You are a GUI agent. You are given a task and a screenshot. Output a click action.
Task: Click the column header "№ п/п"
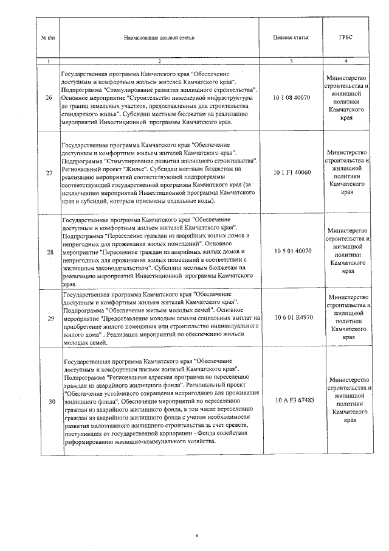[x=48, y=37]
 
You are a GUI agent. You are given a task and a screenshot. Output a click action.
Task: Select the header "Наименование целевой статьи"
[x=159, y=37]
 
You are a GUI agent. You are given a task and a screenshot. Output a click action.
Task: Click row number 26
[x=49, y=97]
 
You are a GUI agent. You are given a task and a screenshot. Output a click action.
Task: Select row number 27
[x=49, y=173]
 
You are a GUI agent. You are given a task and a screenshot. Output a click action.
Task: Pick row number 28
[x=49, y=251]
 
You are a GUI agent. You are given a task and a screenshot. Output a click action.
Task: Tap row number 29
[x=49, y=317]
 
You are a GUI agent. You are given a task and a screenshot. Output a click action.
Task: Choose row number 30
[x=49, y=401]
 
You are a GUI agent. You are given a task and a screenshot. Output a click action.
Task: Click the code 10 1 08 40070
[x=292, y=97]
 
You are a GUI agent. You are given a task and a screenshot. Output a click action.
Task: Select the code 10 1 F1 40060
[x=292, y=173]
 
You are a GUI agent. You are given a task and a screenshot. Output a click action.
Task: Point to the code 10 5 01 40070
[x=292, y=251]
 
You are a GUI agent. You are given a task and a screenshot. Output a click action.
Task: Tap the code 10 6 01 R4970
[x=292, y=317]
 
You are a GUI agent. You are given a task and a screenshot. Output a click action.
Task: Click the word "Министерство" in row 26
[x=346, y=79]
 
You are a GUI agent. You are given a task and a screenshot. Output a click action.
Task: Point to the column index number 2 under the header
[x=159, y=61]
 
